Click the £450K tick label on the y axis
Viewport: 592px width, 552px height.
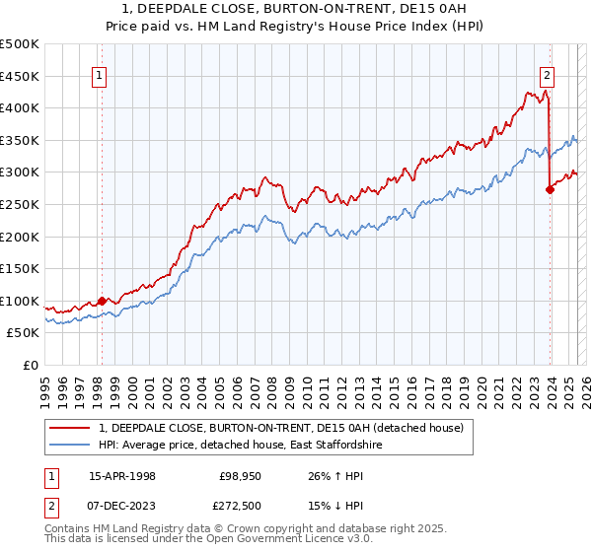point(20,76)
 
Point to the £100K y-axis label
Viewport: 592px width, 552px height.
point(20,301)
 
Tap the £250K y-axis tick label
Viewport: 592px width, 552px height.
point(20,204)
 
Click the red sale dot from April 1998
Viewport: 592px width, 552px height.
point(102,301)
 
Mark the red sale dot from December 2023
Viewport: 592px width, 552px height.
point(550,190)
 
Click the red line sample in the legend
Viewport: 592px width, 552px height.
point(70,428)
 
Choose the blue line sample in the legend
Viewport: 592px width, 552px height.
point(70,446)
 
